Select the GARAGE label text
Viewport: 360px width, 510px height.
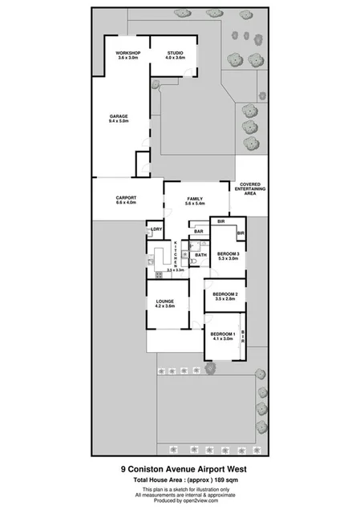[x=119, y=116]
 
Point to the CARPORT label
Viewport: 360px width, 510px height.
[x=126, y=197]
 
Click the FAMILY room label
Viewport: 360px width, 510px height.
[x=195, y=198]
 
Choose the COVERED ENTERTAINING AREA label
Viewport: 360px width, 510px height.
[x=250, y=189]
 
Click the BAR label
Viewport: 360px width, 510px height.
[x=199, y=231]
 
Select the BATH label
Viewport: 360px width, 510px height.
[x=201, y=255]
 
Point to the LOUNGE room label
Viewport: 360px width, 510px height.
[x=165, y=302]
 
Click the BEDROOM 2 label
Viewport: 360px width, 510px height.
[x=224, y=293]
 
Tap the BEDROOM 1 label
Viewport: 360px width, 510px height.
[x=223, y=334]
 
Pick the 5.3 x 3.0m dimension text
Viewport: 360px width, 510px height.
[x=229, y=258]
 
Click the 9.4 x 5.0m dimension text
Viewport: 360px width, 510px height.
[x=119, y=122]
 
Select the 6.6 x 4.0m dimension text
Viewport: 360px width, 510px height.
[x=126, y=203]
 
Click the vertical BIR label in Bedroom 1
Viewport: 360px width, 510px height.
[x=243, y=338]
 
